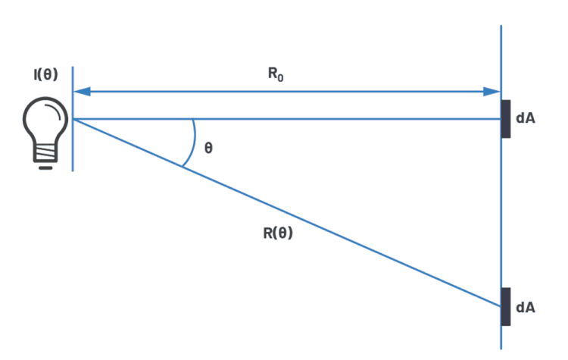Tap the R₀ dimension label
click(276, 75)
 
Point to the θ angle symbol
click(208, 149)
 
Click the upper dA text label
click(526, 118)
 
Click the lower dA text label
click(526, 307)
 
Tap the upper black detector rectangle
click(505, 118)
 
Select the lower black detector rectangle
click(505, 306)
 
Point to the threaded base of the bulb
click(45, 154)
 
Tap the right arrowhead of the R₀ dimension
click(492, 92)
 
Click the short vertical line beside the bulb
click(73, 144)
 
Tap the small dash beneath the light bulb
click(45, 167)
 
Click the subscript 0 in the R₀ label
click(281, 79)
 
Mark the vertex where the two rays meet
click(73, 119)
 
